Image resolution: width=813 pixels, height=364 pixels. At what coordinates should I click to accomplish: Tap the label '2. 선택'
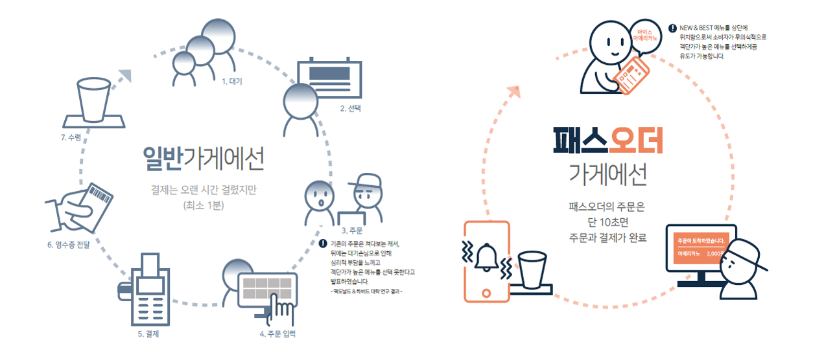(351, 109)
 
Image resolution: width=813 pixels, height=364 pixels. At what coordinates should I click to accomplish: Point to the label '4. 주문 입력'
(278, 334)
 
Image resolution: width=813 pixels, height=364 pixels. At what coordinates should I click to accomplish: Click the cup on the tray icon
(94, 104)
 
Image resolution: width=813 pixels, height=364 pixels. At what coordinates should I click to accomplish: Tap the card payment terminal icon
(148, 289)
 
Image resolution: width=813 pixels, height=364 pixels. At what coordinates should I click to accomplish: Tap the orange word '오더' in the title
(637, 141)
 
